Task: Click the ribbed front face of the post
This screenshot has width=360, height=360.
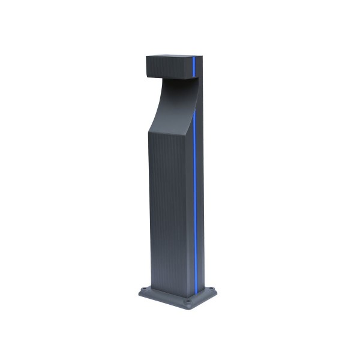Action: pos(168,204)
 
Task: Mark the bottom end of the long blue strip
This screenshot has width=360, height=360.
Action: pos(195,286)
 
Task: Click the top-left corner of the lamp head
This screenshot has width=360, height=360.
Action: pos(147,56)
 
